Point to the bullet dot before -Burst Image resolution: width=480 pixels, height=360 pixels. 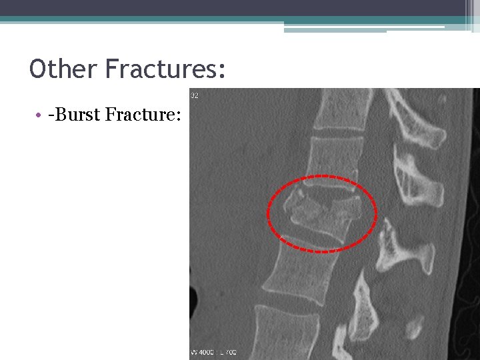point(41,116)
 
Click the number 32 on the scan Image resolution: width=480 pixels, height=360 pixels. point(195,96)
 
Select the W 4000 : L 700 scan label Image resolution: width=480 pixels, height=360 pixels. point(214,351)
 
